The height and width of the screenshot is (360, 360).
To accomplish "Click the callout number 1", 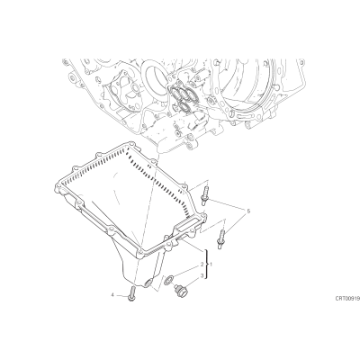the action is coord(211,265).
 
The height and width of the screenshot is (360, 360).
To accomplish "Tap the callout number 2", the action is coord(202,265).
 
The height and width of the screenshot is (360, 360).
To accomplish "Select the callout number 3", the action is coord(202,275).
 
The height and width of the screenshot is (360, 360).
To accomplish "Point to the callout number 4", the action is coord(112,295).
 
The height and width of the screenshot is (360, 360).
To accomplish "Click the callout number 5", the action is coord(248,211).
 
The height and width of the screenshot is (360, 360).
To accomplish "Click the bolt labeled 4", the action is coord(132,294).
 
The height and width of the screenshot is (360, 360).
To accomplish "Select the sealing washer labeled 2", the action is coord(168,280).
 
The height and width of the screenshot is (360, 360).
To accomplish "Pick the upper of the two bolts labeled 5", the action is coord(205,194).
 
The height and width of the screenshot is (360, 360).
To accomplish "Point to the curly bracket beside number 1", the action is coord(206,265).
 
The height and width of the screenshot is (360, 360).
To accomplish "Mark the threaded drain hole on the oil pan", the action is coord(148,283).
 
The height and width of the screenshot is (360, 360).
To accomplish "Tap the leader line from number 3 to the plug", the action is coord(193,281).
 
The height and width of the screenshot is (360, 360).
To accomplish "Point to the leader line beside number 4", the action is coord(122,296).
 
